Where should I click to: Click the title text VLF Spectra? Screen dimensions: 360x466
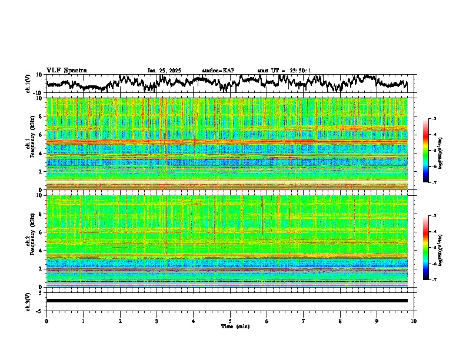(x=66, y=71)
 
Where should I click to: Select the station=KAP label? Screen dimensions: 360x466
(x=218, y=71)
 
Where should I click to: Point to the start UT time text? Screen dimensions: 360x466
(x=284, y=71)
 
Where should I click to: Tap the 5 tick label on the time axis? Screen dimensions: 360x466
(x=230, y=321)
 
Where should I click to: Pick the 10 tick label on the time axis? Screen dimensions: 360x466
(x=414, y=321)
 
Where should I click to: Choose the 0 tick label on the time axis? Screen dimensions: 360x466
(x=46, y=321)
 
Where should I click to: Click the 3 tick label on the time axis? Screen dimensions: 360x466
(x=157, y=321)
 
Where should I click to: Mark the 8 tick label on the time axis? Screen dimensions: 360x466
(x=340, y=321)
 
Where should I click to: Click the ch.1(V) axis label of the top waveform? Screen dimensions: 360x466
(x=29, y=84)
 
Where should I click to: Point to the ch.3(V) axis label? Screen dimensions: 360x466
(x=29, y=301)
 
